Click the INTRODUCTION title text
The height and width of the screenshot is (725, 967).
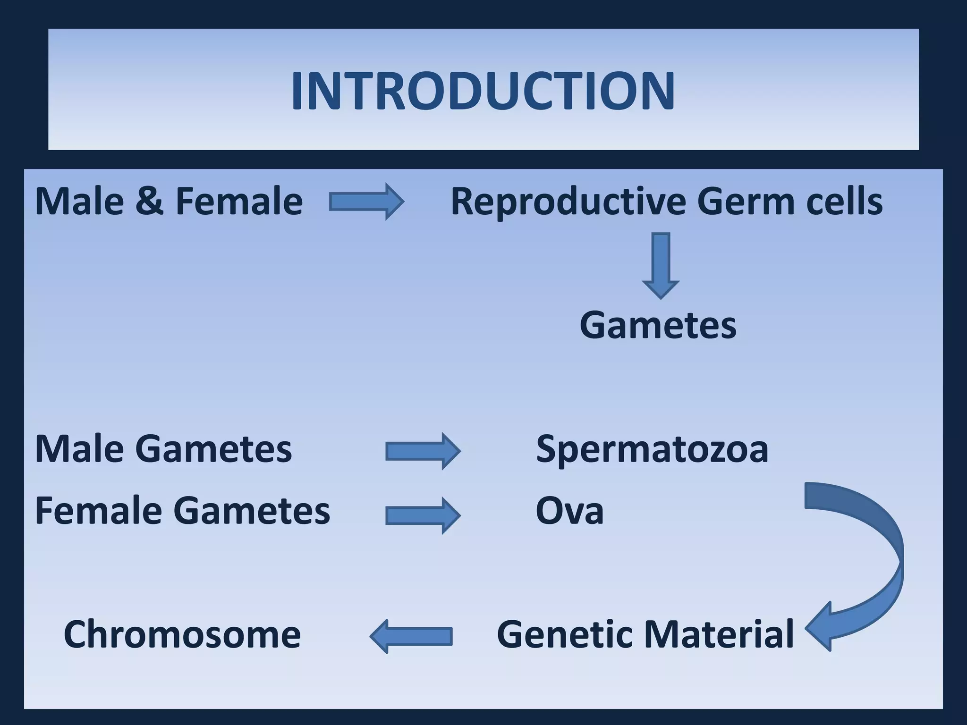[x=483, y=91]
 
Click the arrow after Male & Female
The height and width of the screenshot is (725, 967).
[x=367, y=202]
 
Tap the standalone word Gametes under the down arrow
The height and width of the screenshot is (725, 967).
[x=658, y=325]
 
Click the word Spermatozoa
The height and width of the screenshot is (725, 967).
[x=652, y=449]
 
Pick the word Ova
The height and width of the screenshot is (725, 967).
[x=569, y=511]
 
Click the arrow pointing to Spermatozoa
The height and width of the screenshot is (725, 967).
[x=423, y=451]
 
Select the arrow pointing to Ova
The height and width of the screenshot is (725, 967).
[x=423, y=515]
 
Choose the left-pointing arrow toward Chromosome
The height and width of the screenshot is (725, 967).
[x=411, y=636]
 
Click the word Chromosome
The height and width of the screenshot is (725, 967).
[x=182, y=634]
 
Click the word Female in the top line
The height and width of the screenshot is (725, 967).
[x=239, y=202]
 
